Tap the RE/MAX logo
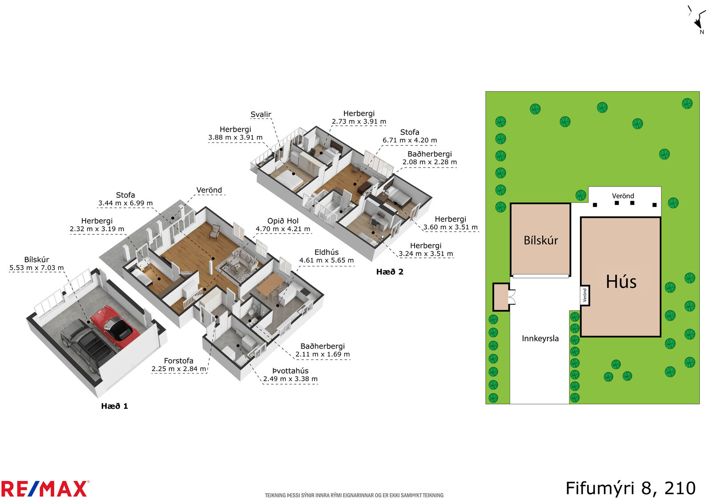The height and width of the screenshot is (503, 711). (45, 489)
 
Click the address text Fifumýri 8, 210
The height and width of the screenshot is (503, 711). (631, 488)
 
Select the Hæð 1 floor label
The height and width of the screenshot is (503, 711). (115, 406)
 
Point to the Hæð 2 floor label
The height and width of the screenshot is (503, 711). (390, 272)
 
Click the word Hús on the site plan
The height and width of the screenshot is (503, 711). (621, 282)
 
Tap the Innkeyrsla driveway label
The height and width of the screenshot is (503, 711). (540, 338)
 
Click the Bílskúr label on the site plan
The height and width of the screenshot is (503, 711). (541, 241)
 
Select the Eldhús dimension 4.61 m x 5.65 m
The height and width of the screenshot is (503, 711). (326, 260)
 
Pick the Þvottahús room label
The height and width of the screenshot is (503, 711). (291, 370)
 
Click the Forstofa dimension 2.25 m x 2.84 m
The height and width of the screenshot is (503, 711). (179, 369)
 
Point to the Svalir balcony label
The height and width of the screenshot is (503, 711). (260, 114)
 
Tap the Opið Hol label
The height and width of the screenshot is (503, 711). (283, 221)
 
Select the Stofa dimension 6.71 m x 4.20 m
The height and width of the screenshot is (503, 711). (410, 140)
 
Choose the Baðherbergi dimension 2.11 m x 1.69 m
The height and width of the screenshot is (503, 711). (323, 354)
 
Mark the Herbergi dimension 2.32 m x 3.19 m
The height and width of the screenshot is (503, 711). (97, 229)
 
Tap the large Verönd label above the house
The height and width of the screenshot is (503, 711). (623, 196)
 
